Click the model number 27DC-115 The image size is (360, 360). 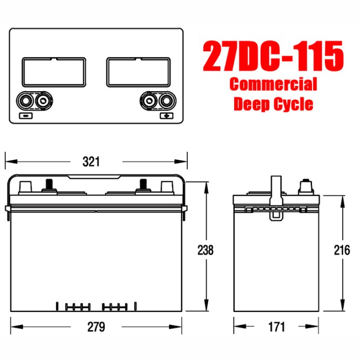[273, 56]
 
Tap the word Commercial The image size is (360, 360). [273, 85]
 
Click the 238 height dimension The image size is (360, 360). [205, 250]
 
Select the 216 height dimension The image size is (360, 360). [342, 250]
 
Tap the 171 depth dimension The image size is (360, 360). [275, 327]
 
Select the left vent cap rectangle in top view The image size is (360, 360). [54, 72]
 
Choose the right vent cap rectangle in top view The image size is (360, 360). [139, 72]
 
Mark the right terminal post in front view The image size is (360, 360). [144, 185]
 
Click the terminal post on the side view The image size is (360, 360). [305, 187]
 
